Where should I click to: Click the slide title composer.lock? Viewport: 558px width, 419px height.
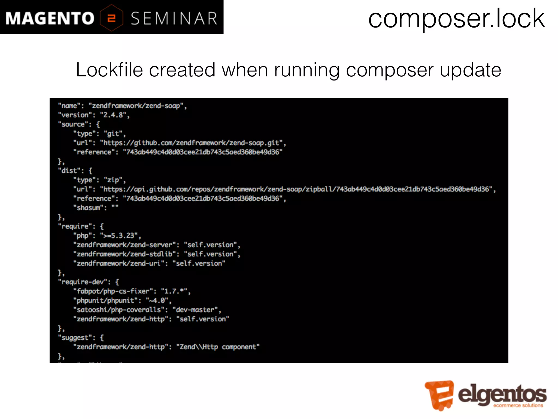[x=456, y=19]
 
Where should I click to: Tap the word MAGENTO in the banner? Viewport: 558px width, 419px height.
[x=50, y=19]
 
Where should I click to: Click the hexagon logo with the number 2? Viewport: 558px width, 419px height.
[x=111, y=18]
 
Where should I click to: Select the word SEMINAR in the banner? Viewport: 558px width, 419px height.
[x=174, y=19]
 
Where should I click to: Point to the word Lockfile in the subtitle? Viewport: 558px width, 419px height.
[x=109, y=70]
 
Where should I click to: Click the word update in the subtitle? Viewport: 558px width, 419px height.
[x=470, y=70]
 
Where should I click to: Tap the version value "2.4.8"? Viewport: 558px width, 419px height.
[x=114, y=115]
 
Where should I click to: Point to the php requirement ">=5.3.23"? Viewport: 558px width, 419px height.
[x=120, y=236]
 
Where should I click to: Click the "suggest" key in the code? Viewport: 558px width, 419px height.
[x=77, y=338]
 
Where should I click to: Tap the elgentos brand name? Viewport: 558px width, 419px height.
[x=502, y=394]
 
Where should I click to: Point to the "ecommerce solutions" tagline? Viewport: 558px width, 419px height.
[x=518, y=406]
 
